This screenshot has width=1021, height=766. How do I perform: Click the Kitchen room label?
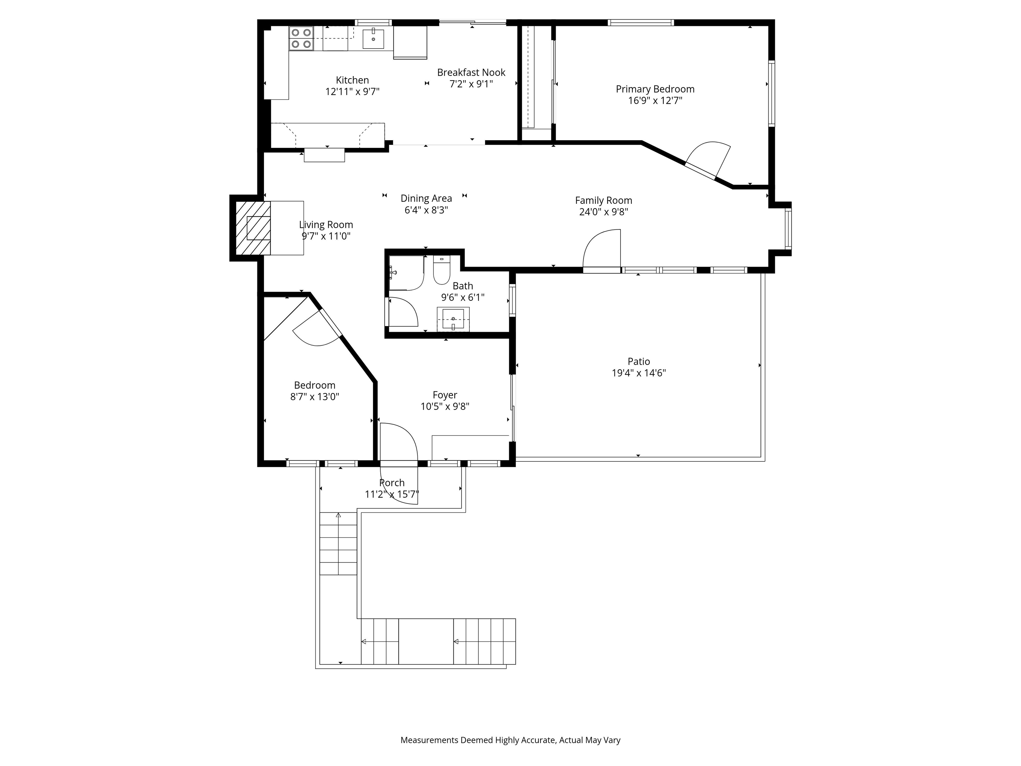(x=352, y=80)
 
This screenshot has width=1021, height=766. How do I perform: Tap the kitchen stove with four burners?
(x=301, y=38)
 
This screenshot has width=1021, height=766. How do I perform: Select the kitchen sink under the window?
(x=373, y=38)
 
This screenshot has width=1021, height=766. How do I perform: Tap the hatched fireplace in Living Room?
(x=253, y=228)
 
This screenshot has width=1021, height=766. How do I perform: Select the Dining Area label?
(x=426, y=198)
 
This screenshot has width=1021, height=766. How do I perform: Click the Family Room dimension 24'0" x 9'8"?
(x=603, y=212)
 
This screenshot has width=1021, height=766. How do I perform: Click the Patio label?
(x=638, y=361)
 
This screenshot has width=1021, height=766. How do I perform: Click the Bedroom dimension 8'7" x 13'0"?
(x=314, y=397)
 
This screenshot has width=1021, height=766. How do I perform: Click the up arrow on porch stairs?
(x=338, y=515)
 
